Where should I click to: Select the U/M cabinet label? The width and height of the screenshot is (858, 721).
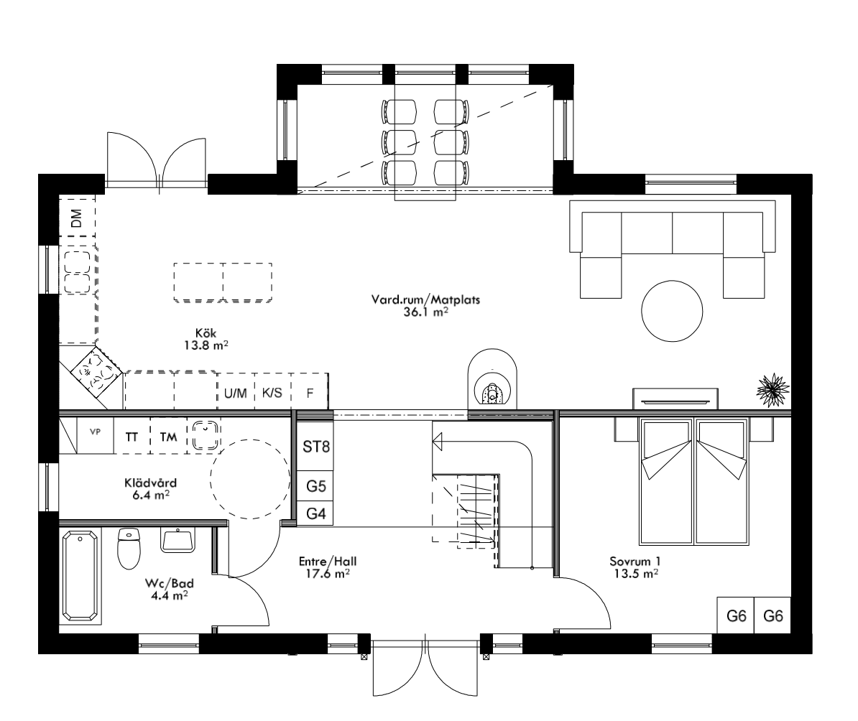(x=235, y=394)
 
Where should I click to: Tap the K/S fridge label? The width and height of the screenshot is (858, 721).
(x=272, y=394)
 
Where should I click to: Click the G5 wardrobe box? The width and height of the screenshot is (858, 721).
(x=315, y=486)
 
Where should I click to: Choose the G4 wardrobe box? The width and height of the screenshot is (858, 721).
(x=315, y=514)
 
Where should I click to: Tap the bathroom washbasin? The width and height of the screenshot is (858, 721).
(x=177, y=540)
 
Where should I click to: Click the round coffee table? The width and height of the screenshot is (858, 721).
(x=672, y=311)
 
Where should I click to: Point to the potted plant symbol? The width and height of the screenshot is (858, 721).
(x=773, y=389)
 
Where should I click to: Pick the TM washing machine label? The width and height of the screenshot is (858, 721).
(x=167, y=436)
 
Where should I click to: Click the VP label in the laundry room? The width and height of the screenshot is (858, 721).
(x=94, y=432)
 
